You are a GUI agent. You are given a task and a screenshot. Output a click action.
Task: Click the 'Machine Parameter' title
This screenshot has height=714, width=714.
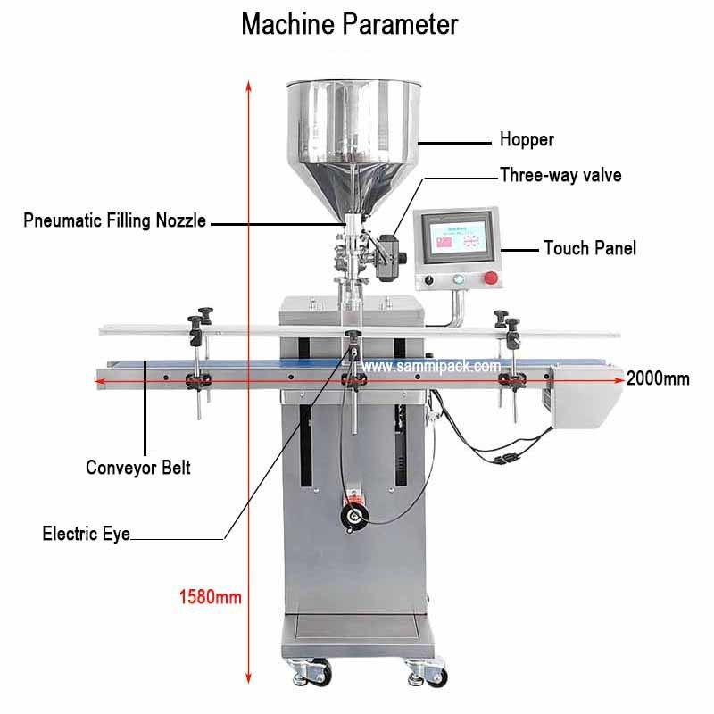(x=350, y=24)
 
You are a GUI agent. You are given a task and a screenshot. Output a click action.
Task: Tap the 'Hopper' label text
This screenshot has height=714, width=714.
(x=527, y=139)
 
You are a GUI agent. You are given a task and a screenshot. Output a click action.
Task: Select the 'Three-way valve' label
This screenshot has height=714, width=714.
(x=560, y=175)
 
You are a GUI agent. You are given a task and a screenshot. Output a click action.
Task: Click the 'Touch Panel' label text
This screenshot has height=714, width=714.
(x=590, y=248)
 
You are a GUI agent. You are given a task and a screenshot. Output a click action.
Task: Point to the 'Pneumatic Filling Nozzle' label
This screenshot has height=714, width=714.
(x=115, y=220)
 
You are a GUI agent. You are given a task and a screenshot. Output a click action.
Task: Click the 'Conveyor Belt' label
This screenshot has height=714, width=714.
(x=137, y=466)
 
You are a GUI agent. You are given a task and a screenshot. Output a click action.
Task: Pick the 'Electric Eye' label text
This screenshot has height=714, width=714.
(x=87, y=535)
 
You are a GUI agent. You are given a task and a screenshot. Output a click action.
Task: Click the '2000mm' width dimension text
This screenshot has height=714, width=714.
(x=658, y=378)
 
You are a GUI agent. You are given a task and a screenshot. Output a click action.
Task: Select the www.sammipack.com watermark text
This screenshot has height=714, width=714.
(x=431, y=366)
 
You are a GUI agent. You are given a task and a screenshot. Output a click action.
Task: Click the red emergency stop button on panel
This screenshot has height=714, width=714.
(x=490, y=278)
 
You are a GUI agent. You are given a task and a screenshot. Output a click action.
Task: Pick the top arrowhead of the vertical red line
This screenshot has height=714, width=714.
(x=246, y=81)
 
